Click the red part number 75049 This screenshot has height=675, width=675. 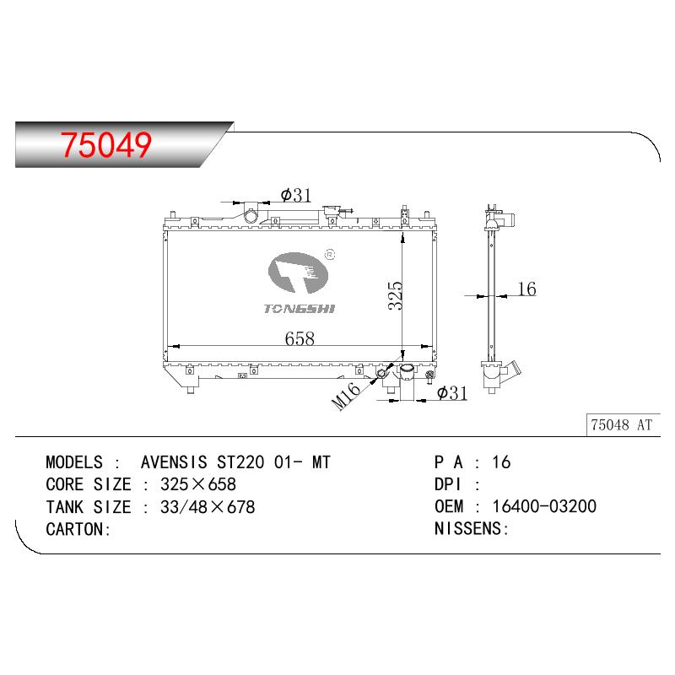[x=106, y=144]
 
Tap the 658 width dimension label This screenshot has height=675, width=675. [x=300, y=338]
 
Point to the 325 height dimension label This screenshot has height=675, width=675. [x=395, y=296]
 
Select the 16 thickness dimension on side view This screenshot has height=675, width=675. [x=526, y=289]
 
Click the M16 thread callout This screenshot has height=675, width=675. [x=346, y=396]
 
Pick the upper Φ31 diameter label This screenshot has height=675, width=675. [x=296, y=195]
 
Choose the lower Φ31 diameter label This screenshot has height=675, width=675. [x=452, y=392]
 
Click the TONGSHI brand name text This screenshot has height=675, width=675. [x=300, y=309]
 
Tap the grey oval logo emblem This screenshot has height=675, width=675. [x=298, y=273]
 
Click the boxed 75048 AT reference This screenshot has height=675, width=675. [x=622, y=425]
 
